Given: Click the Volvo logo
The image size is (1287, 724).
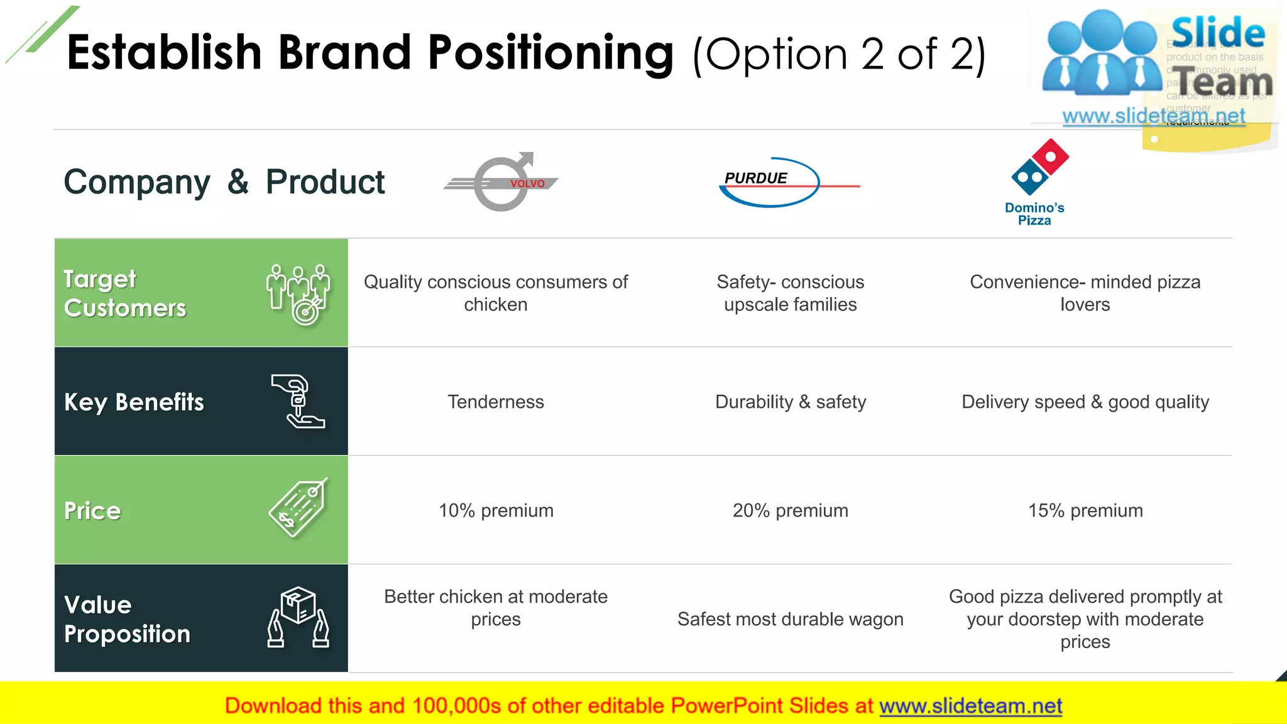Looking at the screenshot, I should click(x=501, y=182).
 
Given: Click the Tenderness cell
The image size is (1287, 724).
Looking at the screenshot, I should click(x=495, y=402).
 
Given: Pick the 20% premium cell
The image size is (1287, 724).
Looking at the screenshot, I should click(x=790, y=510).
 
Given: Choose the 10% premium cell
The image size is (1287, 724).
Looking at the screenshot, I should click(x=495, y=510).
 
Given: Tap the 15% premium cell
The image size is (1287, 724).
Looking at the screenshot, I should click(x=1085, y=510).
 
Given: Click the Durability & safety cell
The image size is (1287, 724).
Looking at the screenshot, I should click(x=790, y=402).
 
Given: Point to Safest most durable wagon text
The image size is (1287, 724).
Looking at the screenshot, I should click(x=790, y=619).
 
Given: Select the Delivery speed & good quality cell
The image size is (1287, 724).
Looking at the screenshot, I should click(x=1085, y=402).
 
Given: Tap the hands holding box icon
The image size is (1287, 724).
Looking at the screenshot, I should click(x=298, y=617).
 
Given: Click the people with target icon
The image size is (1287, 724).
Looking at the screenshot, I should click(x=298, y=293).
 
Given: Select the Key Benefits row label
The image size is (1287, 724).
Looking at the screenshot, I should click(x=134, y=402).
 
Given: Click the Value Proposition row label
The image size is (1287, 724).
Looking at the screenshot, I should click(x=127, y=619).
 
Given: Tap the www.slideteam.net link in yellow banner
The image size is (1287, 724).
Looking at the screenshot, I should click(x=970, y=706).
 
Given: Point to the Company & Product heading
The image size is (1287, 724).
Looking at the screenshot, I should click(x=224, y=182).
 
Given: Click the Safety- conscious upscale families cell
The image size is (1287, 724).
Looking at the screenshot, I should click(x=790, y=293).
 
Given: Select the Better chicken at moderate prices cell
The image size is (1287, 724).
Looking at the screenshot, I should click(x=495, y=608).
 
